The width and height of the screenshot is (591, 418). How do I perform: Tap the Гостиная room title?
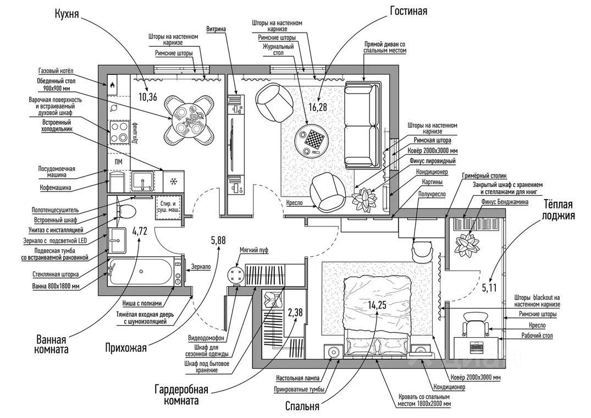pyautogui.click(x=408, y=11)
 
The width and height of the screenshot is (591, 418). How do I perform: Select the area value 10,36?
pyautogui.click(x=148, y=97)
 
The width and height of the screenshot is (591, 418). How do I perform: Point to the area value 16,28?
pyautogui.click(x=317, y=107)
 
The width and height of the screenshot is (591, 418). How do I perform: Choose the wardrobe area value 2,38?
pyautogui.click(x=295, y=313)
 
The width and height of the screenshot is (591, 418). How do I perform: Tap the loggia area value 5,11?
pyautogui.click(x=489, y=287)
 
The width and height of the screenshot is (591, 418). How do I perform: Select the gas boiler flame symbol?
pyautogui.click(x=112, y=85)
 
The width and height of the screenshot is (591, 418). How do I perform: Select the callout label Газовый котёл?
pyautogui.click(x=56, y=71)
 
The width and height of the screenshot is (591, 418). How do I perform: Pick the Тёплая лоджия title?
pyautogui.click(x=560, y=208)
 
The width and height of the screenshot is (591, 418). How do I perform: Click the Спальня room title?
pyautogui.click(x=302, y=406)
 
